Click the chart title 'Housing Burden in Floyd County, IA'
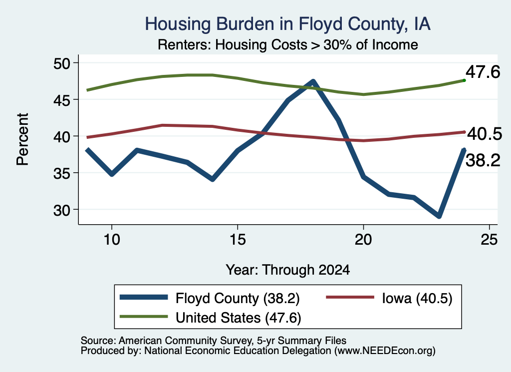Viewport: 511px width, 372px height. [x=288, y=24]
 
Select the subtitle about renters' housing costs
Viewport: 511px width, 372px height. [x=288, y=44]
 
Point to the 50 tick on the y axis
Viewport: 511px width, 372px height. [x=61, y=63]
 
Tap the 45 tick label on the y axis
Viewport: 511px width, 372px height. [x=61, y=100]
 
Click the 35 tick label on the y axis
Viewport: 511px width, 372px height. [x=61, y=173]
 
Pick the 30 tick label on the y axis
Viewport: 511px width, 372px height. [x=61, y=210]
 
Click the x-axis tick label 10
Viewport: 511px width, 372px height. [x=112, y=240]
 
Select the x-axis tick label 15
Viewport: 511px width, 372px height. [x=238, y=240]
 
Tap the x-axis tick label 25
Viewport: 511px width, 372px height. [x=489, y=240]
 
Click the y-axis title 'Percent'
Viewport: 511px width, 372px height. [x=22, y=139]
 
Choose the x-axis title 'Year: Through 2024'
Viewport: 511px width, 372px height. [x=288, y=270]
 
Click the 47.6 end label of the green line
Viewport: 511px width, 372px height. [x=483, y=72]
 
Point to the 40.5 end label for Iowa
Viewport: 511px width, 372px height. [x=485, y=134]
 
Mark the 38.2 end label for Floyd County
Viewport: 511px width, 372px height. [x=483, y=160]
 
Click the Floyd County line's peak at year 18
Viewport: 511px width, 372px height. [x=313, y=81]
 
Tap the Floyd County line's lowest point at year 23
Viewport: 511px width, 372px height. [x=439, y=216]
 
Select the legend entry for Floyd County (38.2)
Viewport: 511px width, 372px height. [x=210, y=298]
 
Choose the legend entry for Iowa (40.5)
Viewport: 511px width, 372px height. [x=389, y=298]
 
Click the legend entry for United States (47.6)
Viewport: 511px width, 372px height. [x=210, y=318]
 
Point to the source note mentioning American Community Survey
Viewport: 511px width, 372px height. [x=214, y=341]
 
